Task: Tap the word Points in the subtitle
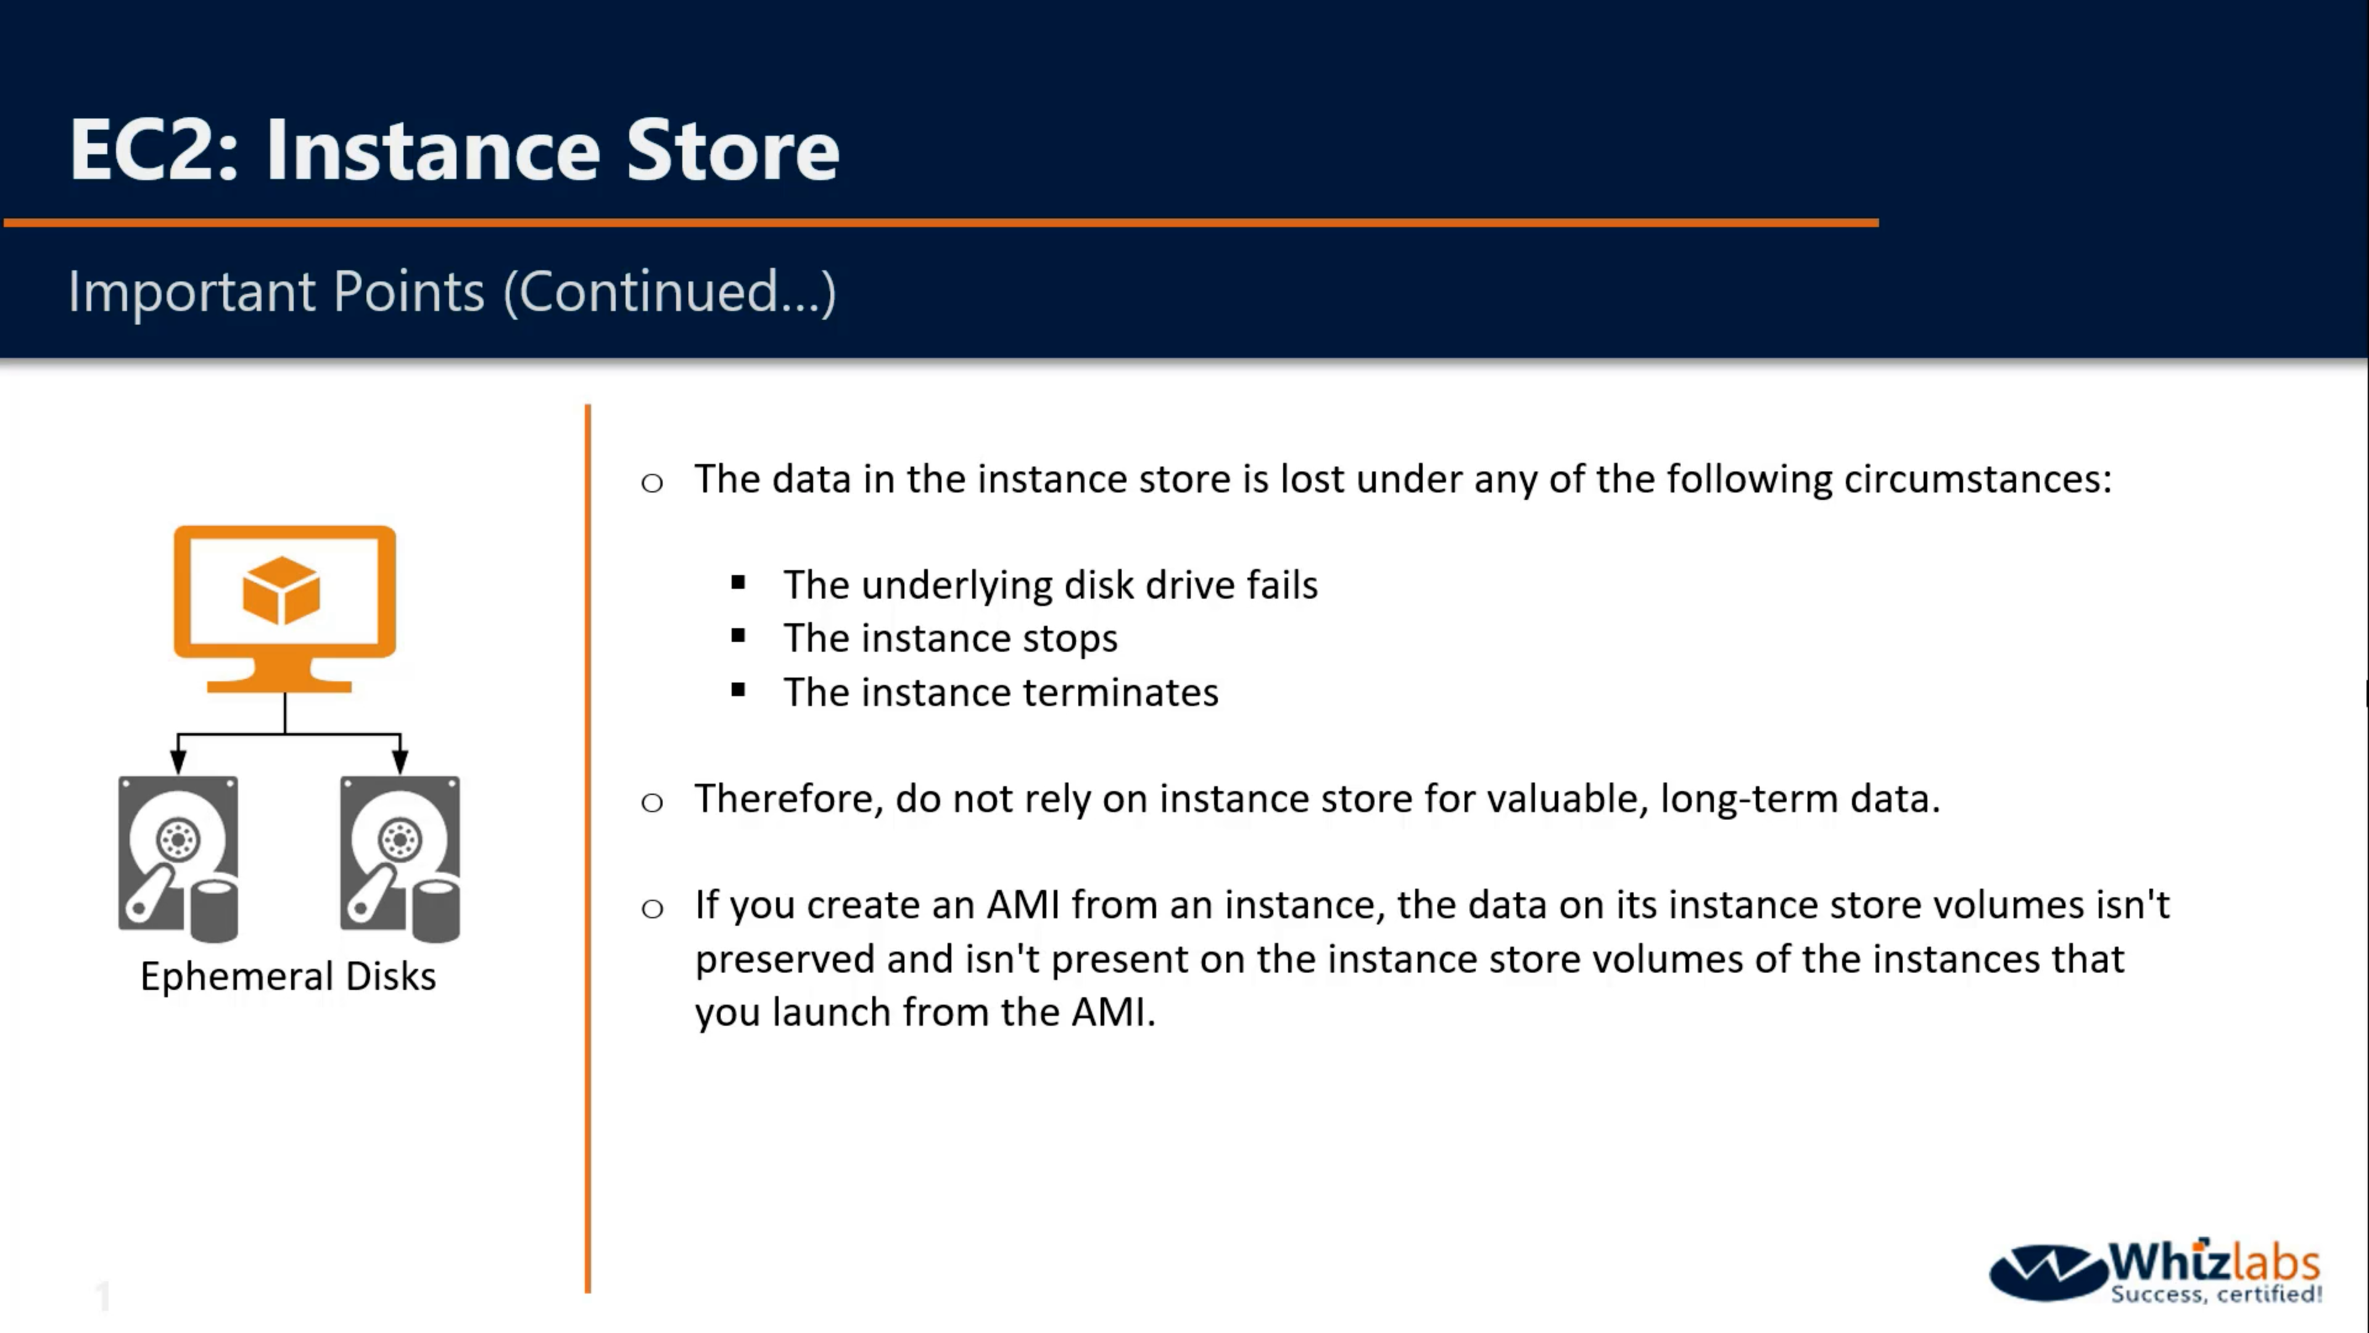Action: coord(408,292)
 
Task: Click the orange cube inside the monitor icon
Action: coord(281,590)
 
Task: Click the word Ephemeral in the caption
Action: coord(236,977)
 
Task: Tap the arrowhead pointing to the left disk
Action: coord(178,761)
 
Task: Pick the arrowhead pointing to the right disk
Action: coord(400,761)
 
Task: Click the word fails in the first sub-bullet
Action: coord(1274,585)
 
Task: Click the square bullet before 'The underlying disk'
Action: coord(738,583)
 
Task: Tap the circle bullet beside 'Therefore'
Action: coord(652,802)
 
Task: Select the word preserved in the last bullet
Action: coord(785,960)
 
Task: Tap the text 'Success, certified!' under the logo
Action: coord(2217,1294)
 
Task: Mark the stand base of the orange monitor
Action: coord(279,686)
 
